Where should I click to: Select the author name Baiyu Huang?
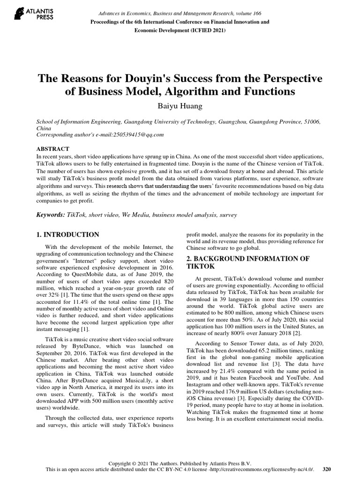(x=180, y=106)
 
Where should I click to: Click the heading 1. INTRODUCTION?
(x=67, y=234)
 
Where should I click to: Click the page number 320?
(x=327, y=469)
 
